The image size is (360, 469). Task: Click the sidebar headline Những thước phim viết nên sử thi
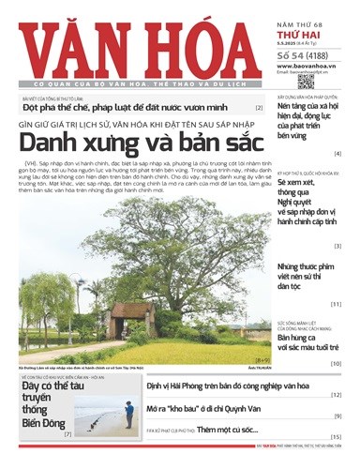coord(306,278)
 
